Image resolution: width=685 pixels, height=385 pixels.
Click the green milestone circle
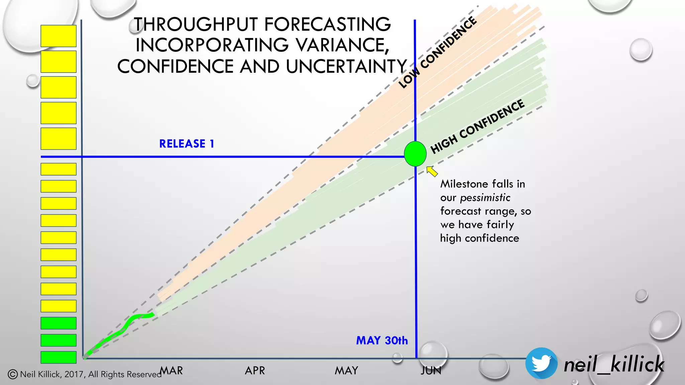(x=415, y=154)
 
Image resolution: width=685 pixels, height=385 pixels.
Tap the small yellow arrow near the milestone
(x=432, y=171)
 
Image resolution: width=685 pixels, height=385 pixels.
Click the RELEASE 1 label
(x=186, y=144)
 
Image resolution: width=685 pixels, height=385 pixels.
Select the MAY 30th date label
(x=382, y=341)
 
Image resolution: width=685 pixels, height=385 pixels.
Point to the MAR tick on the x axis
(x=171, y=370)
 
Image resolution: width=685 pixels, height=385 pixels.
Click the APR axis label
(x=255, y=370)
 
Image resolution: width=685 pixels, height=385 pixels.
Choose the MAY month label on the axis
(x=347, y=370)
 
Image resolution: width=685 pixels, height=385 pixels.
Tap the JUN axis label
(x=431, y=370)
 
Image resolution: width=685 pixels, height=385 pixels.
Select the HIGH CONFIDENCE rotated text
(x=477, y=127)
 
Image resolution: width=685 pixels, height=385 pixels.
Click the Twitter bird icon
(x=541, y=363)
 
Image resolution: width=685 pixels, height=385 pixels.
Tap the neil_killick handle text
(x=614, y=364)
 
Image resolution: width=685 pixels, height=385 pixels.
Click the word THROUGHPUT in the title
(x=196, y=24)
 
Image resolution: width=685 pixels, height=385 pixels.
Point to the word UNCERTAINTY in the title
(x=346, y=66)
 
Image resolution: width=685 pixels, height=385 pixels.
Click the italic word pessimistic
(x=485, y=198)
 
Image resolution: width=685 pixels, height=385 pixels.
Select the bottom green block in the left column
(x=59, y=357)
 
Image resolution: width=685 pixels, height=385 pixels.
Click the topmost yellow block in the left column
(x=59, y=36)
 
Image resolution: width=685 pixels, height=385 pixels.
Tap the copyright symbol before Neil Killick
(x=13, y=374)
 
